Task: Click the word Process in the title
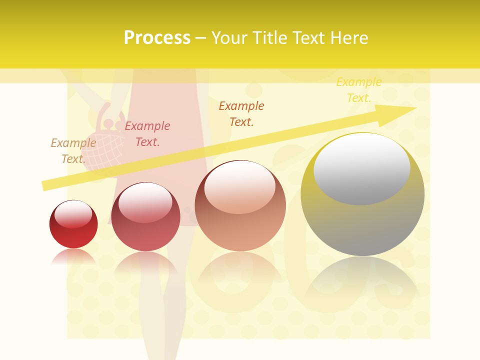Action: tap(157, 38)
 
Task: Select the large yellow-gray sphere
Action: tap(362, 195)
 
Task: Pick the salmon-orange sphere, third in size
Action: tap(240, 206)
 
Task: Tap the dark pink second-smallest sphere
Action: tap(145, 217)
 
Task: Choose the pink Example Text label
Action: tap(147, 134)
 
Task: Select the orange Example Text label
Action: tap(241, 114)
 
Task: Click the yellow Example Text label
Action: tap(359, 90)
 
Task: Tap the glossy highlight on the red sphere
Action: tap(73, 214)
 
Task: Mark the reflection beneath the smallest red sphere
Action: tap(73, 257)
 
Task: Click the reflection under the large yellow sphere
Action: tap(362, 280)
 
